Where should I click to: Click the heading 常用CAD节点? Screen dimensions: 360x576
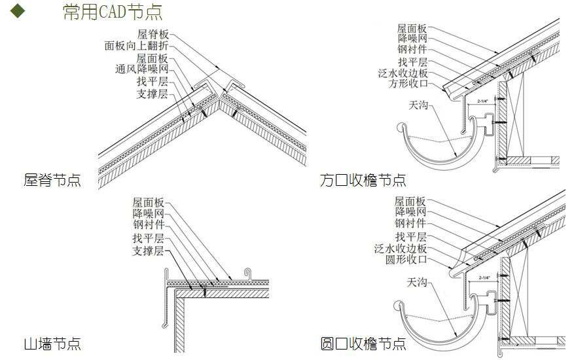click(x=113, y=12)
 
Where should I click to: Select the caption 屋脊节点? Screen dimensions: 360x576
click(x=52, y=180)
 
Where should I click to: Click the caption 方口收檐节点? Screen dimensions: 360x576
click(x=363, y=180)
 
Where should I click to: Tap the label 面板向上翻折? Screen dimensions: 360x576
click(x=136, y=46)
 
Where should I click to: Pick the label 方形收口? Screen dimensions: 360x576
click(x=408, y=84)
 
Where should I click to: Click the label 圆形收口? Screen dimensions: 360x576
click(x=406, y=260)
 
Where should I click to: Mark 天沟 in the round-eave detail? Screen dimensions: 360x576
click(x=417, y=282)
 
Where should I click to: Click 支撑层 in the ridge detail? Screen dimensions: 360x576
click(x=152, y=94)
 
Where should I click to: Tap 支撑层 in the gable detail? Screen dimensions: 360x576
click(x=148, y=251)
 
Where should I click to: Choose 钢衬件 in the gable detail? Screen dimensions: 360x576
click(x=148, y=225)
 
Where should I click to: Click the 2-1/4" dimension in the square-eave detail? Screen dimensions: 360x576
click(x=485, y=101)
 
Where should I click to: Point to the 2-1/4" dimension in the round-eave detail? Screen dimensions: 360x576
click(x=485, y=278)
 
